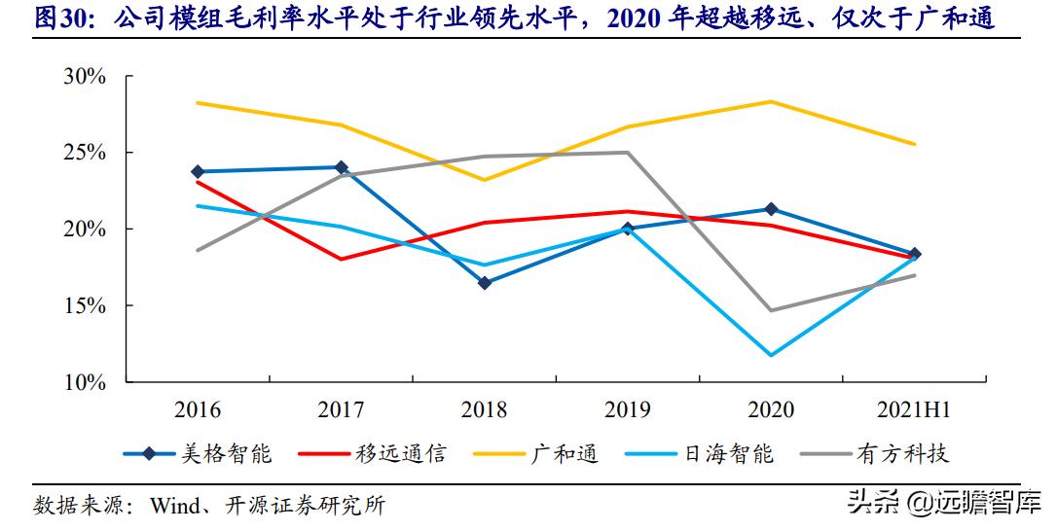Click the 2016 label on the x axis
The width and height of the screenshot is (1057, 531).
(x=198, y=410)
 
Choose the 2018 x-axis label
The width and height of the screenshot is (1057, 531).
(x=485, y=410)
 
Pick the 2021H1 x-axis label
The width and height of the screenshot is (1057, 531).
(x=915, y=410)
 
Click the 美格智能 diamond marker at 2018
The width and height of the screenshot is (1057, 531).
(x=485, y=283)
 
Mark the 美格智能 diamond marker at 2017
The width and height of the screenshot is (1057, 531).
(x=341, y=167)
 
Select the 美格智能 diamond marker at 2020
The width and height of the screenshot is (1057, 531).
(x=772, y=209)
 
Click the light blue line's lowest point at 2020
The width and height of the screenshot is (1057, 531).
(x=772, y=355)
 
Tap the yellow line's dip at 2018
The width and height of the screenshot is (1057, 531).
(x=485, y=180)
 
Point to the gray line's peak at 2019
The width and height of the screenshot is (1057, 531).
(x=628, y=153)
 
